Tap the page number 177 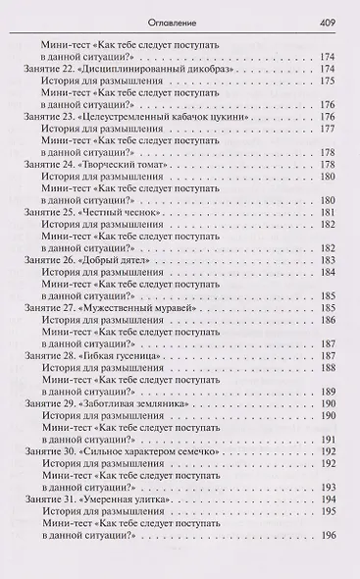(x=328, y=128)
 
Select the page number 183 (x=328, y=260)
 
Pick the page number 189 (x=328, y=392)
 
